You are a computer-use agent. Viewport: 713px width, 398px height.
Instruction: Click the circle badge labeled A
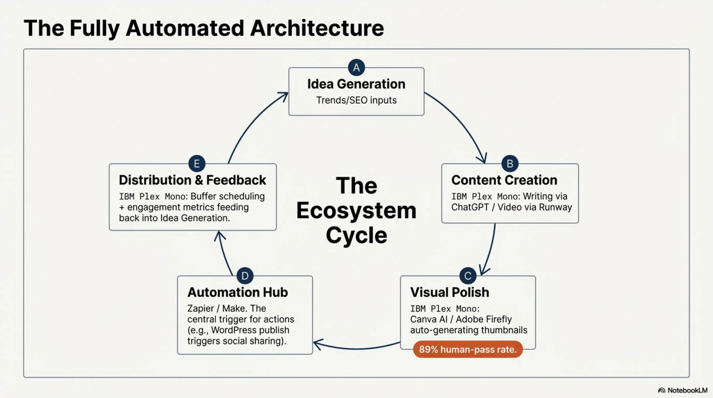[x=356, y=67]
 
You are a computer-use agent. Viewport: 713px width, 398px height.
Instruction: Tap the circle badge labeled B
[x=510, y=164]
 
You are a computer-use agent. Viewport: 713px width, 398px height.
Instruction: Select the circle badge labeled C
[x=468, y=276]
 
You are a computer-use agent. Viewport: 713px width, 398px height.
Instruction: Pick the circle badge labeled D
[x=245, y=276]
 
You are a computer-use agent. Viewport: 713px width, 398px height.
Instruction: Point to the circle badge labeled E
[x=197, y=164]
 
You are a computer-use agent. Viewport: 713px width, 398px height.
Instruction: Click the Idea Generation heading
[x=356, y=84]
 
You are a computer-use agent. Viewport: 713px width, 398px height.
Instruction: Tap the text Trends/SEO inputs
[x=356, y=100]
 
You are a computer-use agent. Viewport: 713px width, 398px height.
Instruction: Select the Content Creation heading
[x=504, y=180]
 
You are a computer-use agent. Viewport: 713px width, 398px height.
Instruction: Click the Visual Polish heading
[x=450, y=292]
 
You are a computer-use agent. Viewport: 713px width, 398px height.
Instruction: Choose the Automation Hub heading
[x=238, y=292]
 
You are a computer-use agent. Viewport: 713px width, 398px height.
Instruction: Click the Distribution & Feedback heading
[x=192, y=180]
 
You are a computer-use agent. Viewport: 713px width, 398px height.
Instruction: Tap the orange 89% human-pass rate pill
[x=468, y=349]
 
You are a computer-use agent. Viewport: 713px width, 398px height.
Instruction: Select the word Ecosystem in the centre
[x=356, y=211]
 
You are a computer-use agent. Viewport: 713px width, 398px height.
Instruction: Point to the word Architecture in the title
[x=317, y=28]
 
